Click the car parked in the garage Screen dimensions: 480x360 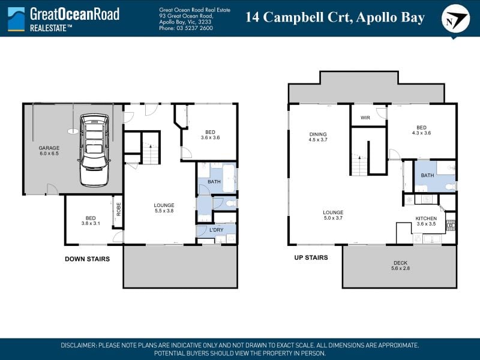94,150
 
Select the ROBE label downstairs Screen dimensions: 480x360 118,209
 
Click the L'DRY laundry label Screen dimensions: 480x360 217,230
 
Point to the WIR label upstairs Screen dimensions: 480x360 365,118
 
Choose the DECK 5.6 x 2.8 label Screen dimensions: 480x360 400,265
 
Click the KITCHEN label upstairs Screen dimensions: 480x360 426,218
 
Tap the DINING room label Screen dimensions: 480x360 318,134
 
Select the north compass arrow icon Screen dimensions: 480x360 455,19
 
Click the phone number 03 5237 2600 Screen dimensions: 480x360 194,28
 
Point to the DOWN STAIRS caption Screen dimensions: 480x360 87,259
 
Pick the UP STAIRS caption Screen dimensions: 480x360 311,257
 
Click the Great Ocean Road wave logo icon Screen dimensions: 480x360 16,19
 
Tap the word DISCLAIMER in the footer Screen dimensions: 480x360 79,346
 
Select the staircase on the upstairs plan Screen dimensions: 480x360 359,166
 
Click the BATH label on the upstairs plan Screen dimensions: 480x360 427,175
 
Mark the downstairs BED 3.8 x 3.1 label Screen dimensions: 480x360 91,221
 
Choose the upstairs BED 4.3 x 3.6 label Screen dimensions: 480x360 421,130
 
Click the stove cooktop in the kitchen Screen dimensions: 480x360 451,226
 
